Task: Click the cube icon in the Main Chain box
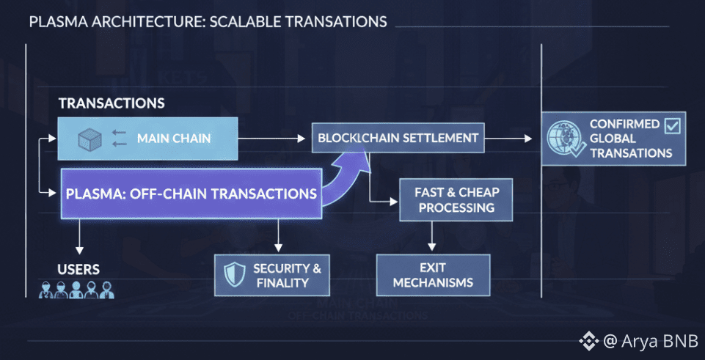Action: point(89,137)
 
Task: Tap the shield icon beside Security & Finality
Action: point(233,273)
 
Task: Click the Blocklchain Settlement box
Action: point(397,138)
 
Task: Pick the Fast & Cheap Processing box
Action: point(454,199)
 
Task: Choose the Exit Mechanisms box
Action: point(433,275)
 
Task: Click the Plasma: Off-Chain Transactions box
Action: point(191,194)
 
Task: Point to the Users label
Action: point(79,269)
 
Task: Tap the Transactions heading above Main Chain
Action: point(112,103)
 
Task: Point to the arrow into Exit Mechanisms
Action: point(431,236)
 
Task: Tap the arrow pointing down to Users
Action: point(78,235)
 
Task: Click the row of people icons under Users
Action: point(77,289)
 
